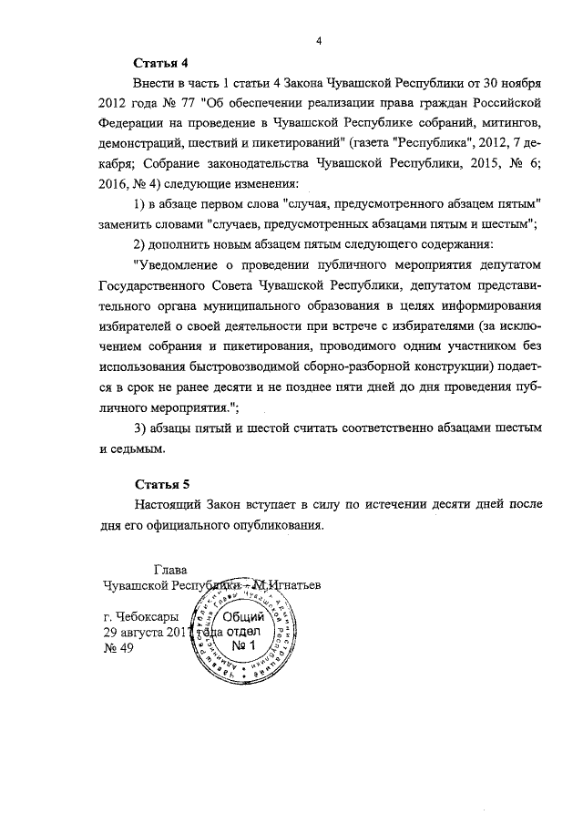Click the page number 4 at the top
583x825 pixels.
pos(320,39)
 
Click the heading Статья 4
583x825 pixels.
pos(160,64)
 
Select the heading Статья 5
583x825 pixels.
pos(160,483)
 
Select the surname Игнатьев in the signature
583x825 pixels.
pos(297,583)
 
